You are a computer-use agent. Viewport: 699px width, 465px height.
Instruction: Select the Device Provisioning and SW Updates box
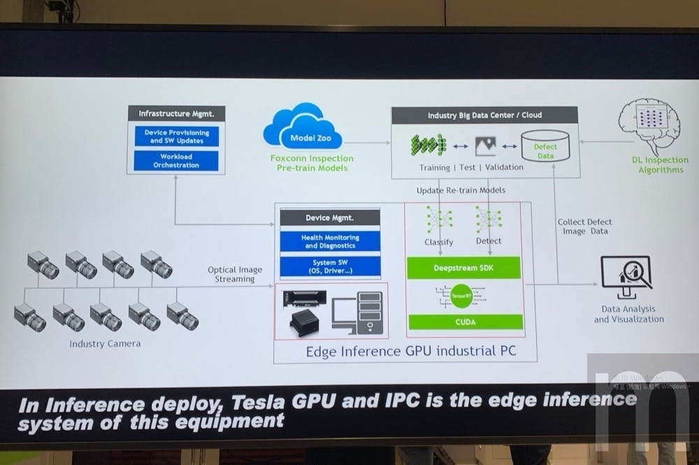pos(176,135)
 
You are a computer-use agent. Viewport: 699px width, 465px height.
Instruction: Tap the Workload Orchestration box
pos(176,161)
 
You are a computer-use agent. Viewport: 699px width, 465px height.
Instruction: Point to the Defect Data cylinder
pos(545,147)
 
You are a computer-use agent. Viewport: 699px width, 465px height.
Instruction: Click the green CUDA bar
pos(465,321)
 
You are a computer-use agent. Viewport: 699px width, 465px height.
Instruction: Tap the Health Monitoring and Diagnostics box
pos(330,242)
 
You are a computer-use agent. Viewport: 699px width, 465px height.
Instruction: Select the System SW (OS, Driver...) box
pos(330,267)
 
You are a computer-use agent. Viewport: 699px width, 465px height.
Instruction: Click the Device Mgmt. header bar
pos(330,218)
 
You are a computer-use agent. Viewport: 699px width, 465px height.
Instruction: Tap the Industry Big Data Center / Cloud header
pos(484,115)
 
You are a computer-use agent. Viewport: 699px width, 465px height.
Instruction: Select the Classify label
pos(439,242)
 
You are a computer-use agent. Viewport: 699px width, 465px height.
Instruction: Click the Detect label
pos(489,241)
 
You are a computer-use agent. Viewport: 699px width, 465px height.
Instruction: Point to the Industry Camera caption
pos(105,344)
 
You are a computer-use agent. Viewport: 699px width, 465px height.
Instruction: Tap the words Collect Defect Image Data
pos(585,226)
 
